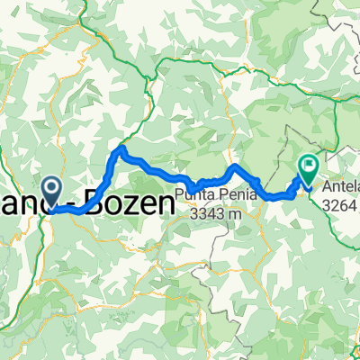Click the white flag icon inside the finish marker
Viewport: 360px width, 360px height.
pos(309,166)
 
